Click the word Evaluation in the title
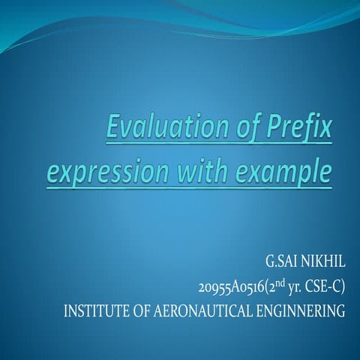tap(168, 128)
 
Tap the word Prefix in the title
tap(298, 129)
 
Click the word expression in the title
tap(108, 172)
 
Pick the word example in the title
tap(283, 172)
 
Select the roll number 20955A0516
tap(231, 288)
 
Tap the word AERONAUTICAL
tap(202, 311)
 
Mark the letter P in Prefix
tap(273, 128)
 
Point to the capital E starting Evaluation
tap(113, 128)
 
